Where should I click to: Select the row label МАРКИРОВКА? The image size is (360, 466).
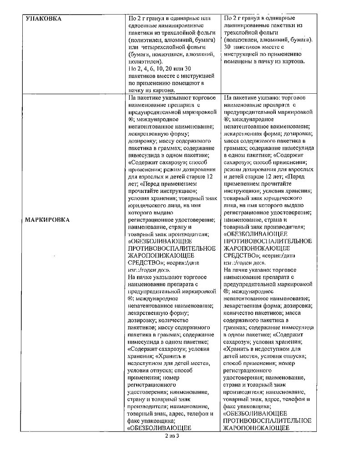tap(48, 220)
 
